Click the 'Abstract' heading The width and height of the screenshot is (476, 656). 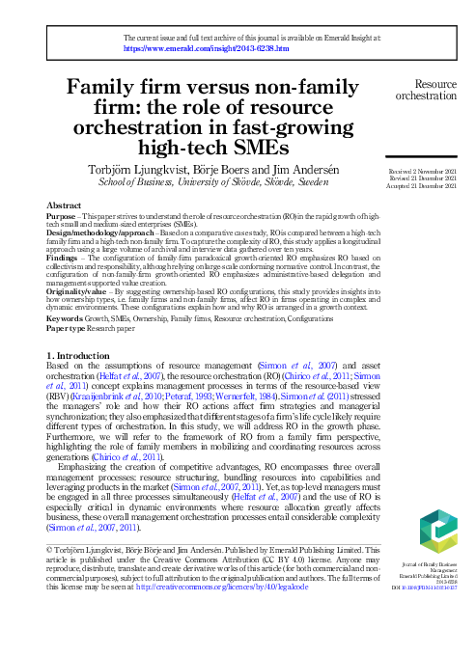pyautogui.click(x=64, y=206)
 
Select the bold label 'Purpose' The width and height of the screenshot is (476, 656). pyautogui.click(x=64, y=216)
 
